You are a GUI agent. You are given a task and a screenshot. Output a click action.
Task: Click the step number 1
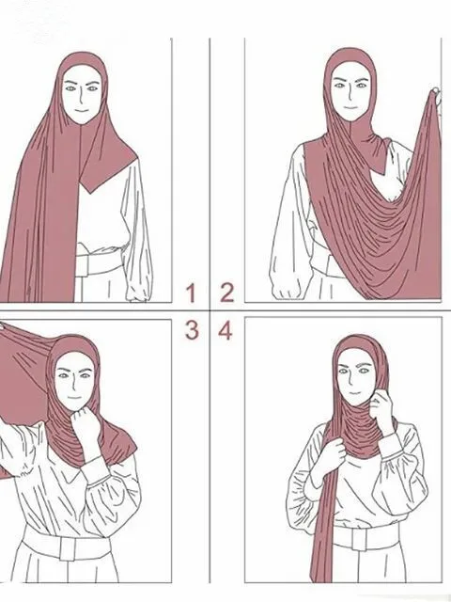click(x=191, y=293)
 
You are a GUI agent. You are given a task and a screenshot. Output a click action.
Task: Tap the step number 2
click(x=226, y=293)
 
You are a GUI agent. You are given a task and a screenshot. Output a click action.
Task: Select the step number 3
click(x=191, y=329)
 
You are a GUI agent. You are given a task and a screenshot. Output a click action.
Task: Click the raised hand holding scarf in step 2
click(x=435, y=95)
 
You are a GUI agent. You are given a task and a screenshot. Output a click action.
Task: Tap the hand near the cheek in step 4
click(x=382, y=410)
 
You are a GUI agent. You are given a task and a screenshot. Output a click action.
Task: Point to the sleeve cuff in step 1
click(x=138, y=286)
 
